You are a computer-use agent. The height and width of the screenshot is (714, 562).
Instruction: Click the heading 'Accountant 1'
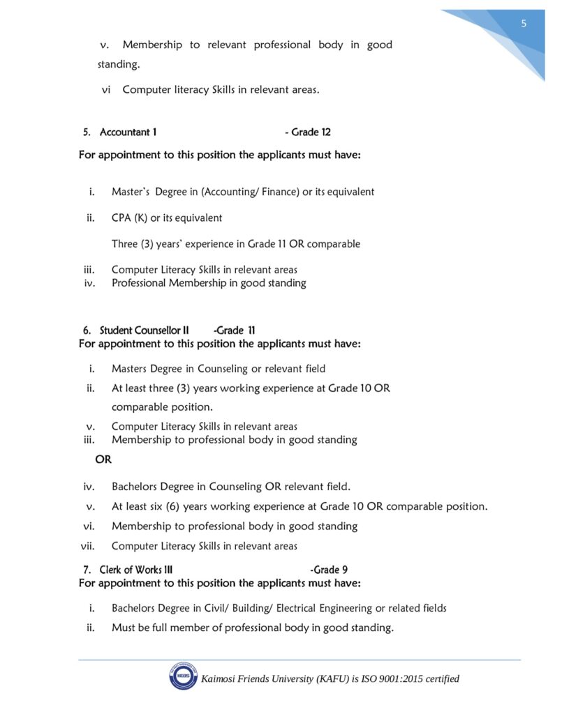(128, 132)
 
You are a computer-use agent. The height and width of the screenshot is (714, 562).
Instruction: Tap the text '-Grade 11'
(235, 331)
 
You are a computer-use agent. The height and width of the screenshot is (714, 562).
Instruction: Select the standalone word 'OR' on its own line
(103, 460)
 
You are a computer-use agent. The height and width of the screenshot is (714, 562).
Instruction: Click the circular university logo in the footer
(183, 677)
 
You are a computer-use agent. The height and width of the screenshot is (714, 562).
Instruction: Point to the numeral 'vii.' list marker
(87, 546)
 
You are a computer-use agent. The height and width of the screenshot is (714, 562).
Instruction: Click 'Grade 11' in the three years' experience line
(266, 244)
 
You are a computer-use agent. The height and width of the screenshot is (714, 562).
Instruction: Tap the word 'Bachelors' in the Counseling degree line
(135, 487)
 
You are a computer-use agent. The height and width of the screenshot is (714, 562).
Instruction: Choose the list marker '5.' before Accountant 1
(87, 132)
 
